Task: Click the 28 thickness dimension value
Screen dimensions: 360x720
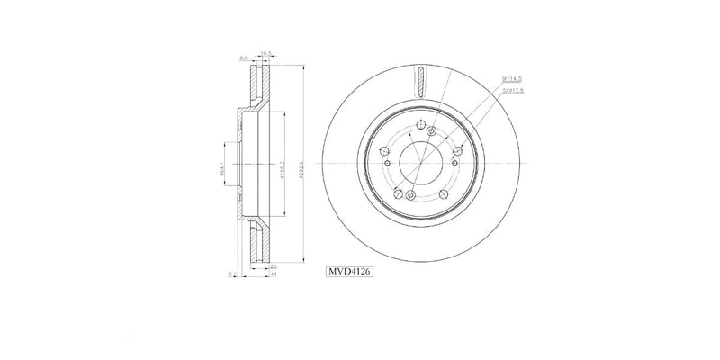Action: click(x=273, y=266)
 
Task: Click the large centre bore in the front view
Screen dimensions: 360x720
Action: click(x=419, y=163)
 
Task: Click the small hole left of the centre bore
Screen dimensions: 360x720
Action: click(x=385, y=163)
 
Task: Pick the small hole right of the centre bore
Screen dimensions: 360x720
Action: click(x=454, y=163)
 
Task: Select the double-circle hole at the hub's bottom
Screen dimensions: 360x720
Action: click(x=409, y=195)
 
